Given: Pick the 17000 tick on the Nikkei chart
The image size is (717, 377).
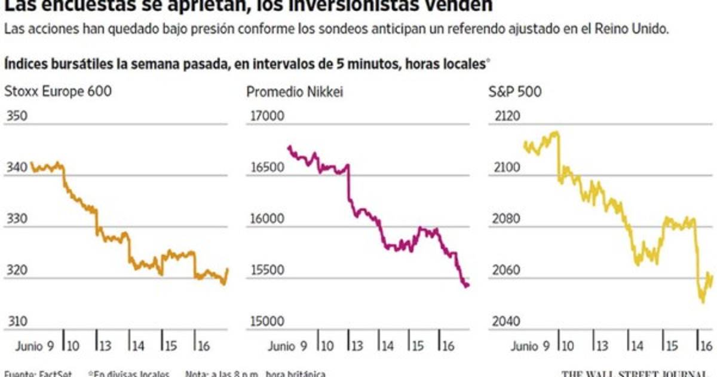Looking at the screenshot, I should [x=265, y=116].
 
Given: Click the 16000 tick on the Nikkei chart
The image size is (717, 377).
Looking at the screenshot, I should [x=265, y=220].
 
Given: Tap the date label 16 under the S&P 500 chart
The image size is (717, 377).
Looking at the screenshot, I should [x=705, y=346].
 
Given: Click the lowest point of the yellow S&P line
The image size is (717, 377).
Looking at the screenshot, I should [x=703, y=301].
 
